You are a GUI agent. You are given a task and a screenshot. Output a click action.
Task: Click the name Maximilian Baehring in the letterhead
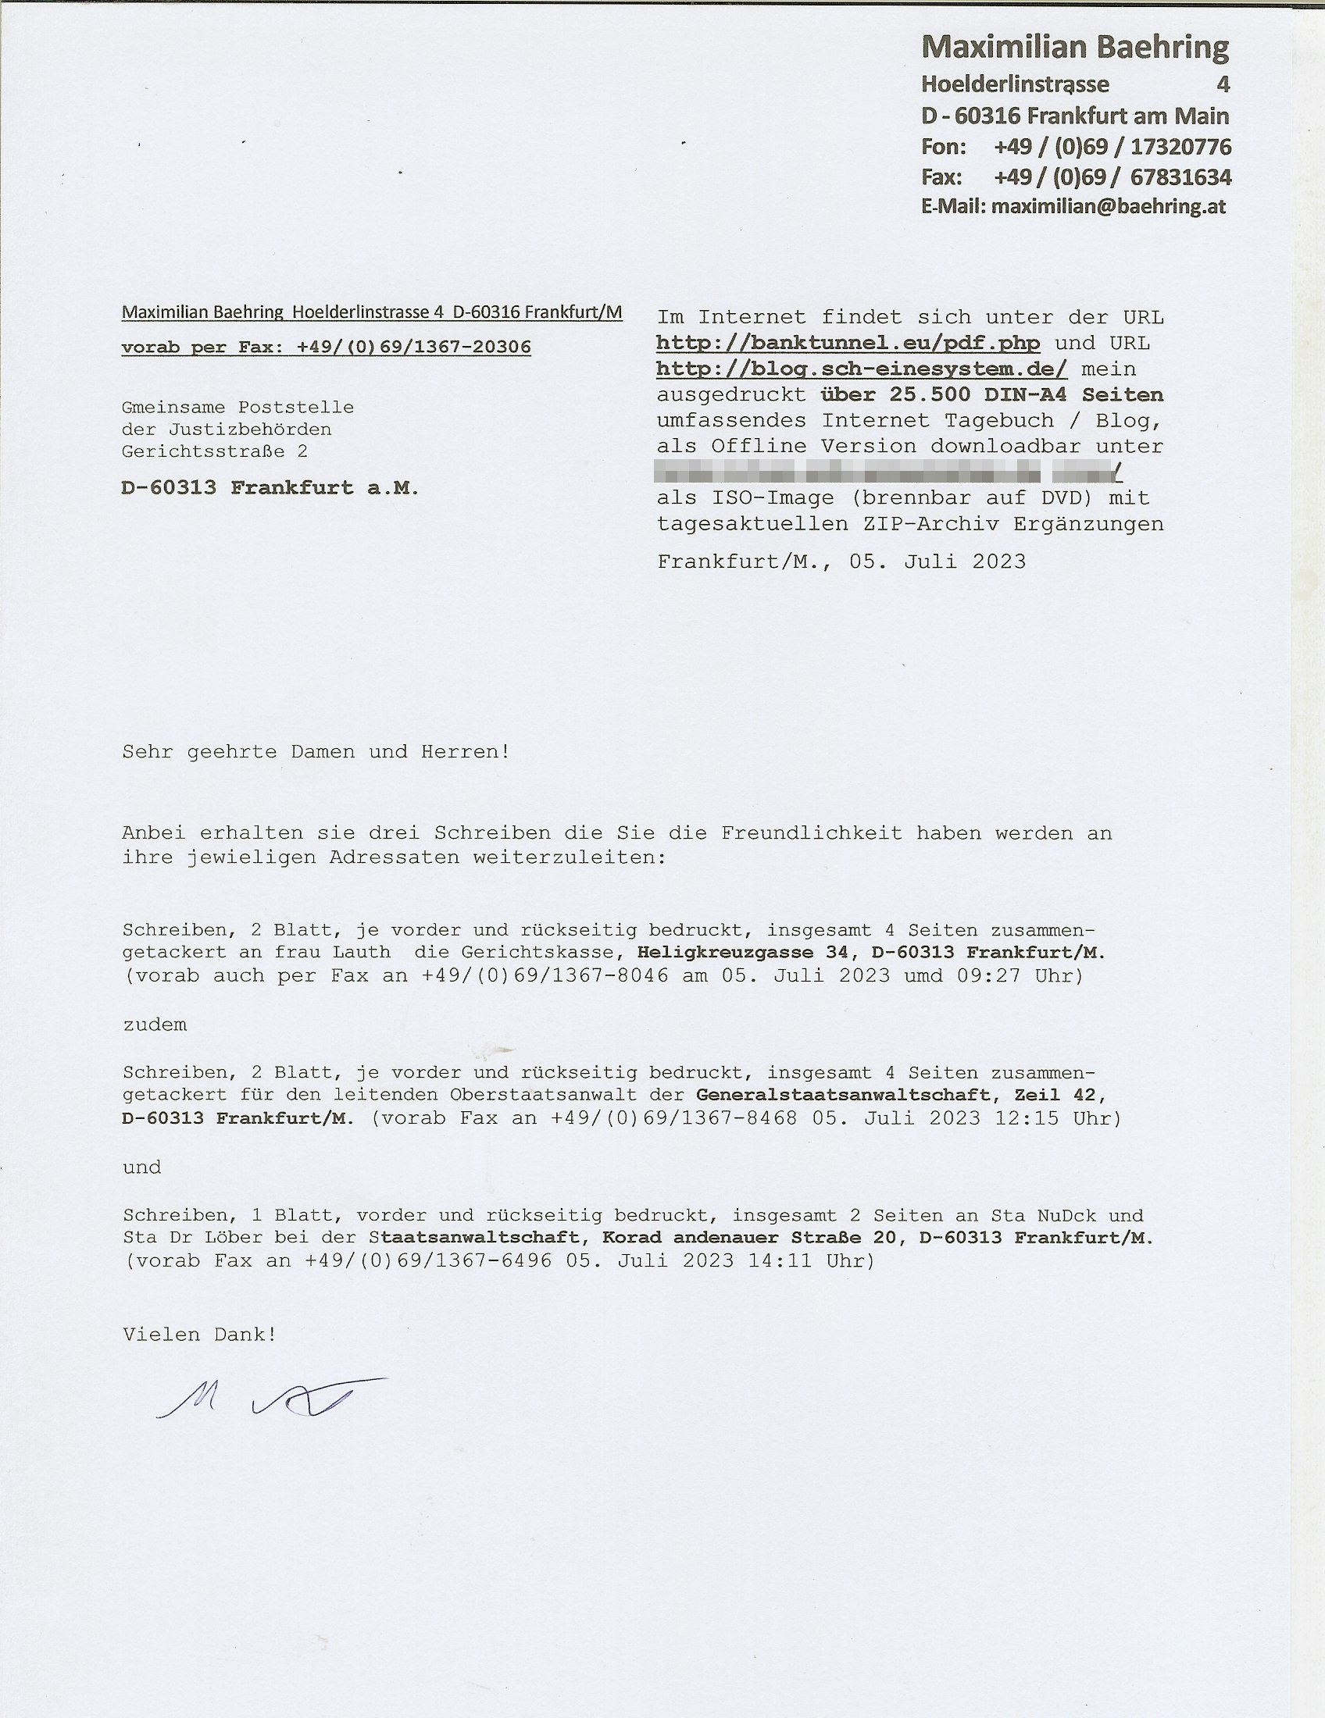coord(1075,48)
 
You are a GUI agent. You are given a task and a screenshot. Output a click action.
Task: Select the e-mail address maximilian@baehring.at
coord(1108,207)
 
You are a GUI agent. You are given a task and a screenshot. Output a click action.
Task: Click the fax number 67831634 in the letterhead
coord(1180,177)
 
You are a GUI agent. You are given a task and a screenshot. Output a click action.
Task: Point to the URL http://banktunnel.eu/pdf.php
coord(848,343)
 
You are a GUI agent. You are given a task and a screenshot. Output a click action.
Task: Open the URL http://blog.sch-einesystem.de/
coord(861,369)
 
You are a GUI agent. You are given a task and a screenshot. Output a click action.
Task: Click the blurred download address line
coord(889,472)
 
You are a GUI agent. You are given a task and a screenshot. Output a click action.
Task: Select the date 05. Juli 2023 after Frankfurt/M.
coord(937,561)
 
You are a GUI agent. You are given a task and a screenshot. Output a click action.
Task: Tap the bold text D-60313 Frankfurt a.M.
coord(270,488)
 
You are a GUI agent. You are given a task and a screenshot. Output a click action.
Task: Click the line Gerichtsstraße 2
coord(214,451)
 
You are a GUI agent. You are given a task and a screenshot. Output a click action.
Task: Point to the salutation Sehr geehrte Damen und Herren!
coord(316,752)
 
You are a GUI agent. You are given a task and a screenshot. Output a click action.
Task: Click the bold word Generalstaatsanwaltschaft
coord(843,1094)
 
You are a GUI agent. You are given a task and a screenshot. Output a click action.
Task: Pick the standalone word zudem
coord(155,1025)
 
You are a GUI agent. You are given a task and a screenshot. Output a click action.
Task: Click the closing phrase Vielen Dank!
coord(199,1334)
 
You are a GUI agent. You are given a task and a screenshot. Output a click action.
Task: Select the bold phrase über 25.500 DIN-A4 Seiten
coord(991,394)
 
